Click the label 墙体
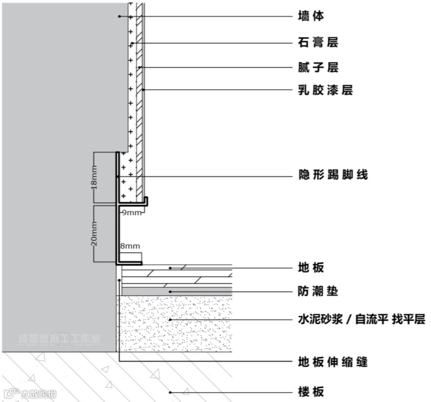pos(311,17)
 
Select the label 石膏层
pos(318,43)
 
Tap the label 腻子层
pos(318,68)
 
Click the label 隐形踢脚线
pos(333,175)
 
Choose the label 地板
pos(311,268)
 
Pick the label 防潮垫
pos(318,292)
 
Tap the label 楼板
pos(311,391)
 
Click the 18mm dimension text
pos(94,177)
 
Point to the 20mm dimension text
pos(94,234)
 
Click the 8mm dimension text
pos(130,246)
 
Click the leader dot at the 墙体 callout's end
pos(120,16)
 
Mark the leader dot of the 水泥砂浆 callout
pos(170,320)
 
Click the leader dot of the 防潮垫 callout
pos(170,292)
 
